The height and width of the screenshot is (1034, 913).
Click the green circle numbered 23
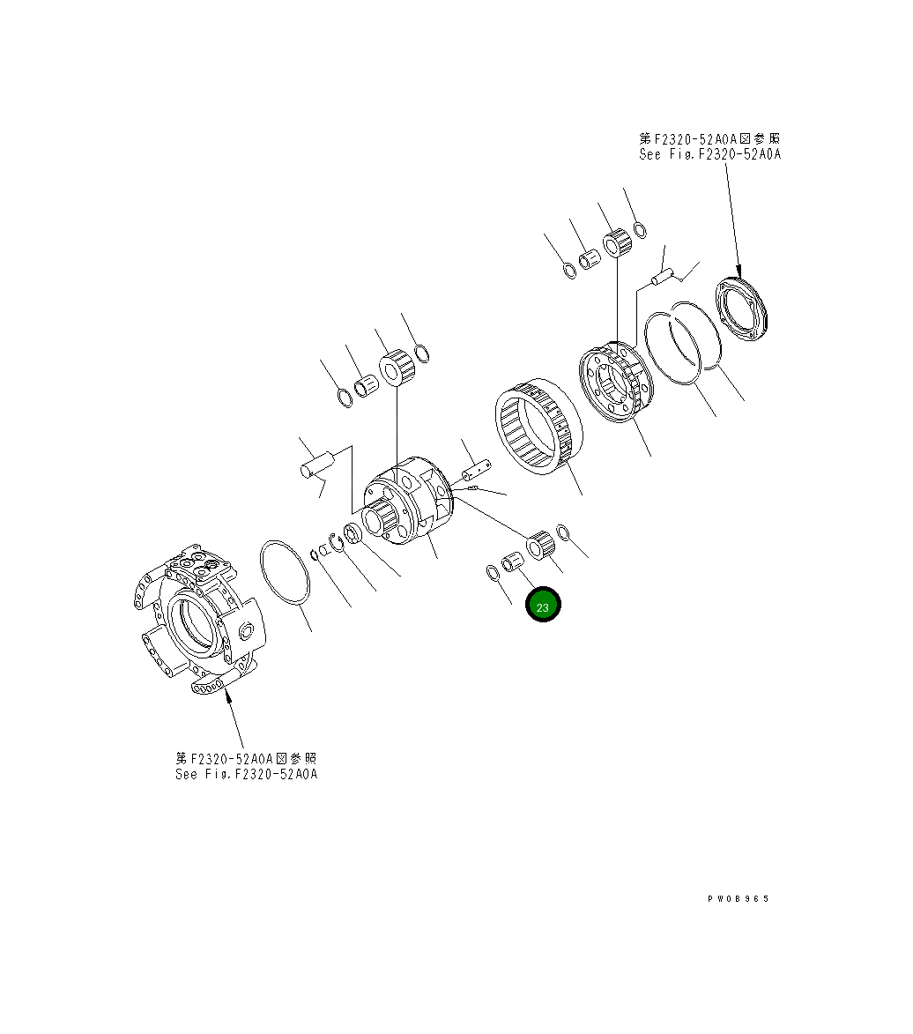point(542,606)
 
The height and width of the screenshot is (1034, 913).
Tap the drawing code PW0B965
point(738,898)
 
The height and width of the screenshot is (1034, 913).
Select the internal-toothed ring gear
point(534,430)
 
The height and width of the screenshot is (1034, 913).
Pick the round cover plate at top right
point(743,309)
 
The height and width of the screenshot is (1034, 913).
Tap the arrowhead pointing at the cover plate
point(739,272)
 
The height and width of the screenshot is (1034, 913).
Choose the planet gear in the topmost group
point(617,240)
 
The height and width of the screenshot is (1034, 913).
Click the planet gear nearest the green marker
point(539,545)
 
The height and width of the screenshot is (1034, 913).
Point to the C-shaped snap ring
point(337,541)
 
